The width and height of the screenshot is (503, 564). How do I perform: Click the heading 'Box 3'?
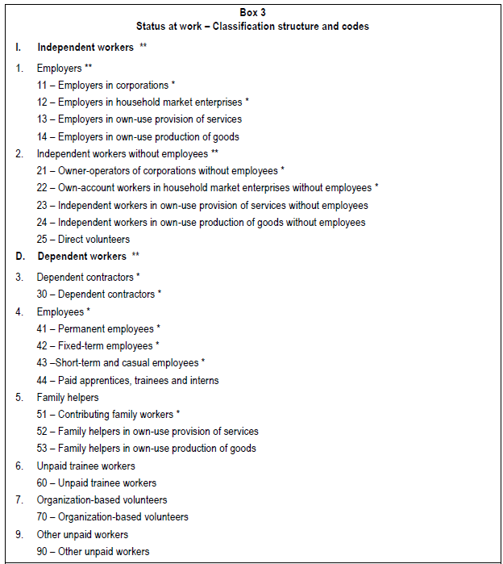[252, 13]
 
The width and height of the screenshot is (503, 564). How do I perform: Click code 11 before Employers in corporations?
[42, 86]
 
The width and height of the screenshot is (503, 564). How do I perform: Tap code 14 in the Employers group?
[42, 137]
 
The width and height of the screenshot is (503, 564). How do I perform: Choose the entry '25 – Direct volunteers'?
[83, 240]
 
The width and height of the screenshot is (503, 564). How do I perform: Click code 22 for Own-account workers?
[42, 188]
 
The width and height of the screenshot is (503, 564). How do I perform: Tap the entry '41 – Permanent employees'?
[95, 329]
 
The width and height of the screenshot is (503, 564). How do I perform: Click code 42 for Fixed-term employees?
[42, 346]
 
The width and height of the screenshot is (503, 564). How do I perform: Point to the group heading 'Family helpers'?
[68, 398]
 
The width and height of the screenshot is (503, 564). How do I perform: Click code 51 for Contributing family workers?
[42, 415]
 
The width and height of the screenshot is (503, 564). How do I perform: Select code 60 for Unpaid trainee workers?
[42, 483]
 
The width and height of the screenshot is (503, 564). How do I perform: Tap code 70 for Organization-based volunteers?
[42, 517]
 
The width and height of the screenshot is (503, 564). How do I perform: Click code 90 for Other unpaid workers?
[42, 552]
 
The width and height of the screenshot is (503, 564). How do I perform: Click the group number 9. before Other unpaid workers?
[19, 535]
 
